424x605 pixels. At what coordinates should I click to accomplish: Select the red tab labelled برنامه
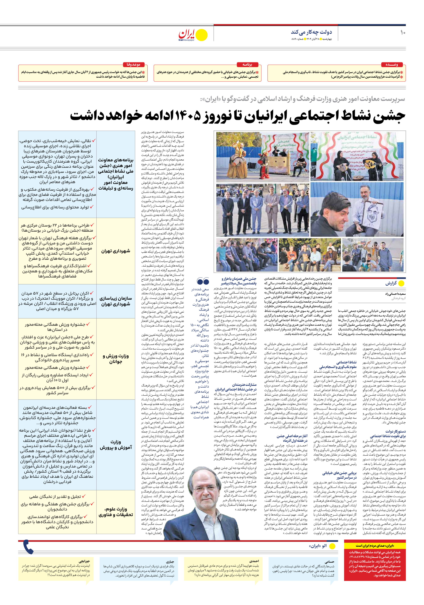[x=247, y=65]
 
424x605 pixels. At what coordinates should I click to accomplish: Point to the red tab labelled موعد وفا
[x=133, y=65]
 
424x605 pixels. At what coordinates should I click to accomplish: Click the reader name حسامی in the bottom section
[x=329, y=561]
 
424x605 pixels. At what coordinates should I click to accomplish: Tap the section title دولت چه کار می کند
[x=311, y=32]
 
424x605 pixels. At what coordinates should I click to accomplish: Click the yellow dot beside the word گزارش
[x=401, y=284]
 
